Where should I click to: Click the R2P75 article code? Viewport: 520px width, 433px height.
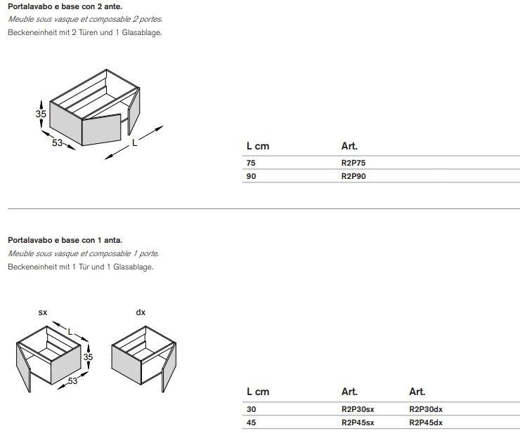(353, 163)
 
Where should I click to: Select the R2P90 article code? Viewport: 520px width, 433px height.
(353, 176)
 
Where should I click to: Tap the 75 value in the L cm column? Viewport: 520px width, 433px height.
(251, 163)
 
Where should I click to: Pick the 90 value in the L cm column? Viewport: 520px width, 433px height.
(251, 176)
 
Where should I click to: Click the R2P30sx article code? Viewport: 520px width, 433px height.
(358, 409)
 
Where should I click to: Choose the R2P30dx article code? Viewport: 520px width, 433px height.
(426, 409)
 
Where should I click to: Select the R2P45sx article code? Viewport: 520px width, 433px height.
(358, 422)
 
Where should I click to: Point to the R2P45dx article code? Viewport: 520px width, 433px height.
(426, 422)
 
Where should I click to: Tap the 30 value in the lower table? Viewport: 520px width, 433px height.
(251, 409)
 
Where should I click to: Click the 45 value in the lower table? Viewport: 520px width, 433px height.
(251, 422)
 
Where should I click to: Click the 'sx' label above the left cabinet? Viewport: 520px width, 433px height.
(43, 312)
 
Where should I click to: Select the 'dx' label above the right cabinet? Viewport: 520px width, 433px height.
(141, 312)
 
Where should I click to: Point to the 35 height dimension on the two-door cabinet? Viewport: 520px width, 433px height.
(41, 114)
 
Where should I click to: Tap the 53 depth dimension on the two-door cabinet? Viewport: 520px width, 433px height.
(58, 142)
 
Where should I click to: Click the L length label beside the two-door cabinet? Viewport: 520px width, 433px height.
(134, 142)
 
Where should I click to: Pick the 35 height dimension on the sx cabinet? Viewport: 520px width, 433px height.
(88, 357)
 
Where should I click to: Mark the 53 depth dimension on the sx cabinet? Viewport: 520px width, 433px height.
(72, 381)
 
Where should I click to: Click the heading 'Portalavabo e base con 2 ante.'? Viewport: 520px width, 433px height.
(65, 6)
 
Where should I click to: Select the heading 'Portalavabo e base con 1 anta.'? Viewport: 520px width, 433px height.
(65, 240)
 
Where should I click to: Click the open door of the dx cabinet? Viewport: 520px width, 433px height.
(169, 368)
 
